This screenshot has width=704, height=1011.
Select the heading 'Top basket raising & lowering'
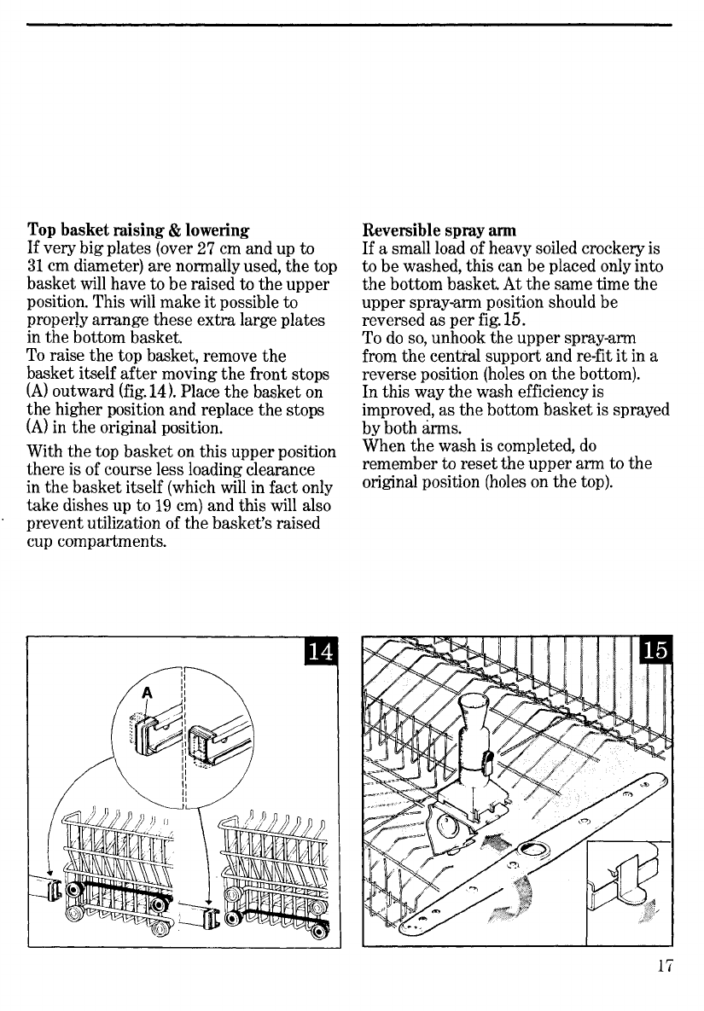pyautogui.click(x=139, y=230)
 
